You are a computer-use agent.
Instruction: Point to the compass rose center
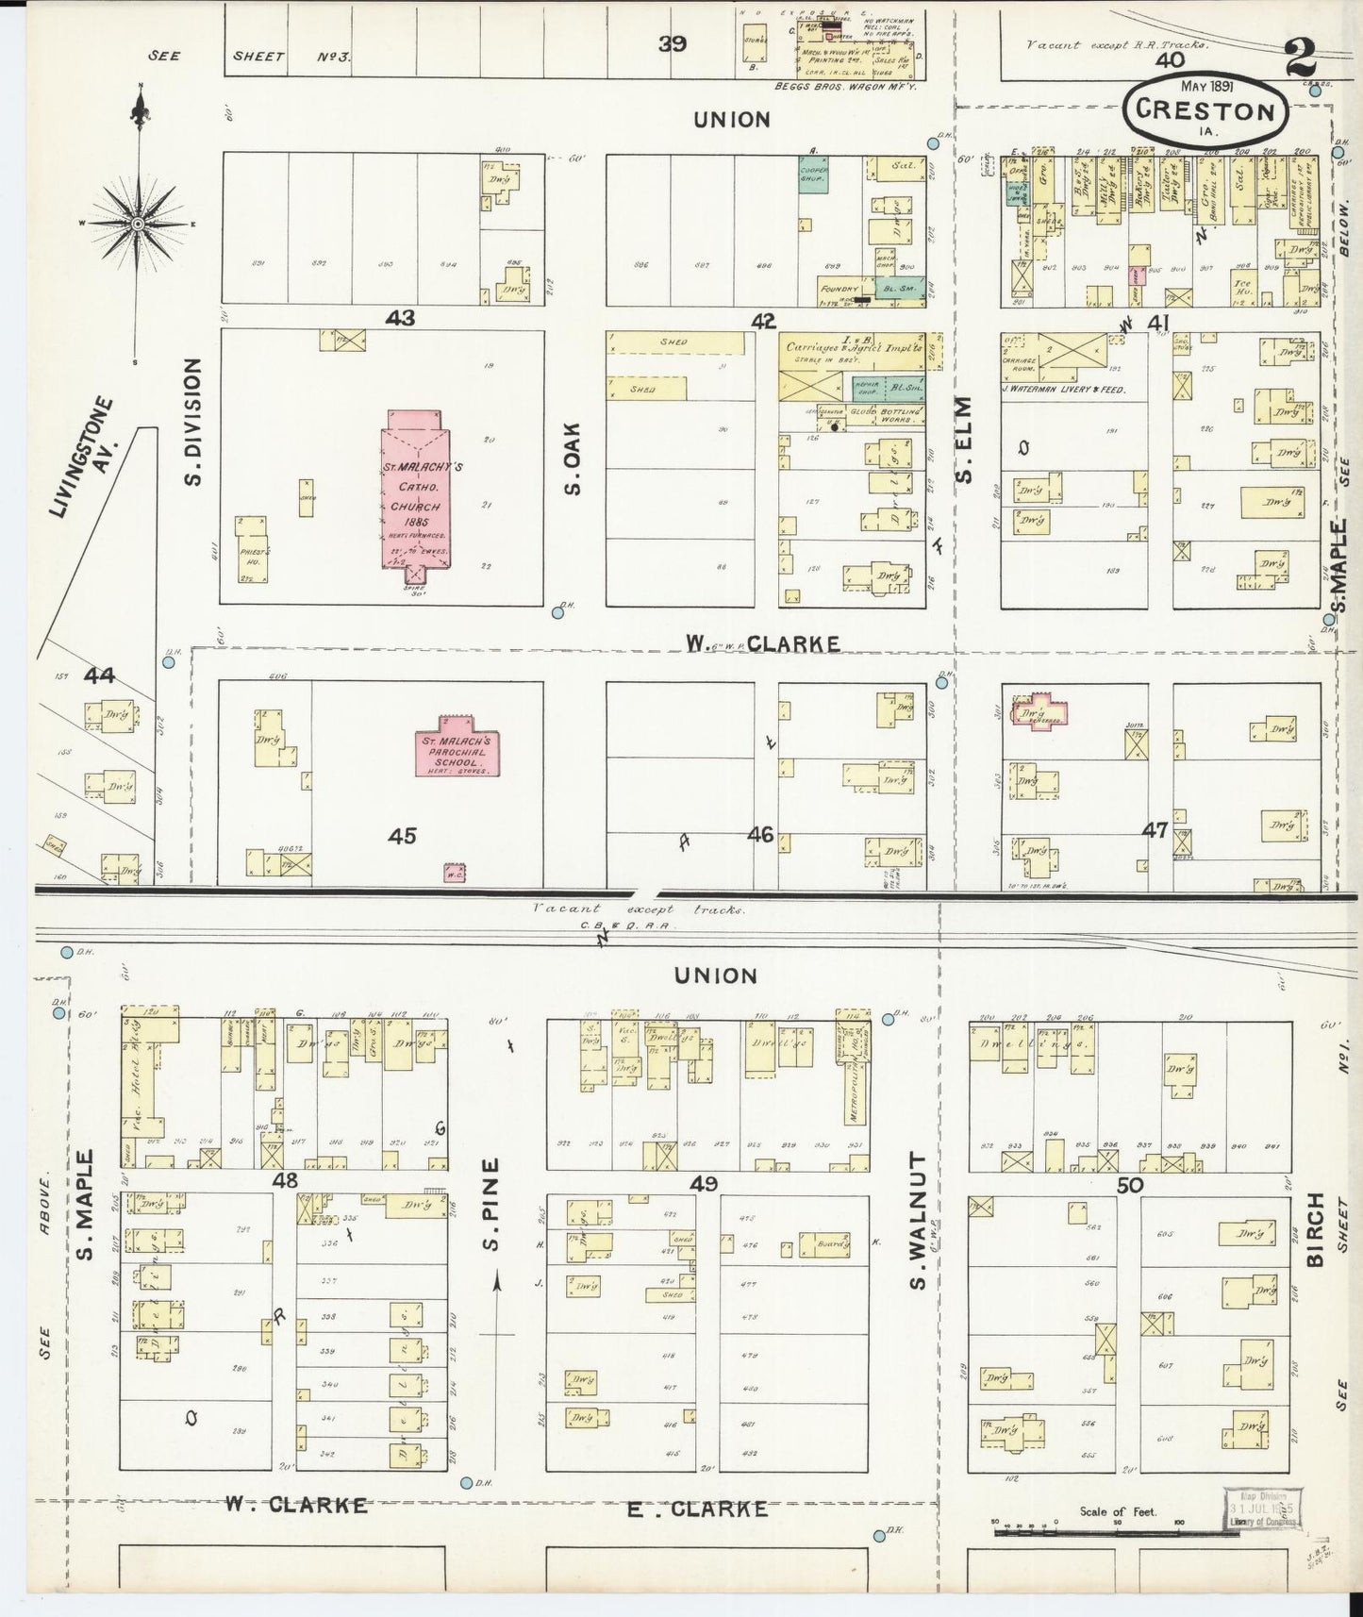pos(138,224)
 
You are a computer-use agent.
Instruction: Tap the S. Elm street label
pos(963,440)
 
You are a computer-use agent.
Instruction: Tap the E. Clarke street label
pos(698,1509)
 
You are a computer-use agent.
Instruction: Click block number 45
pos(402,836)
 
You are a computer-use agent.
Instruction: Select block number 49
pos(704,1183)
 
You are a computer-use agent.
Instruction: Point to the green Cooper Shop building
pos(812,177)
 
